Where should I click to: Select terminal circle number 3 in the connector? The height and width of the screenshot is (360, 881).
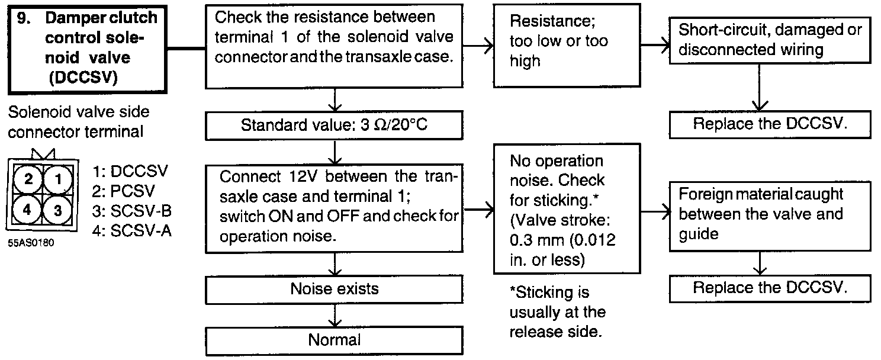(x=58, y=210)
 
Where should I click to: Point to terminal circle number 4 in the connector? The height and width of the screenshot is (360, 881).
(x=27, y=210)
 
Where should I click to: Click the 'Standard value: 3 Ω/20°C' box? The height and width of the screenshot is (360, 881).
(x=335, y=125)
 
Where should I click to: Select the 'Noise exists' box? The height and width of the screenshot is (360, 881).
(x=335, y=289)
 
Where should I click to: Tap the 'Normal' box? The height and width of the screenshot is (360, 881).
(x=335, y=340)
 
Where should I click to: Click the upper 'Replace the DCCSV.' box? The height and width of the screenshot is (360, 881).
(x=770, y=124)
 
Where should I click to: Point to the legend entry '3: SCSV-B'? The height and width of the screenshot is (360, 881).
(x=133, y=211)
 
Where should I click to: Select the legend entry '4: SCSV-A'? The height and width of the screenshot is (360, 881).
(x=132, y=231)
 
